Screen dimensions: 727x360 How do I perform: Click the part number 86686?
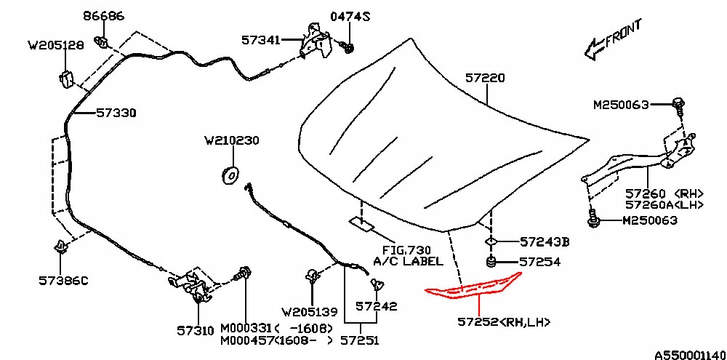coord(104,16)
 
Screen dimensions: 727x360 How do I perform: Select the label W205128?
coord(56,46)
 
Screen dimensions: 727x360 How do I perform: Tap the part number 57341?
coord(261,40)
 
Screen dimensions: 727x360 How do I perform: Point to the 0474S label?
coord(350,17)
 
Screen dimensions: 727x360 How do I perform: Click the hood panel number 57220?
coord(486,79)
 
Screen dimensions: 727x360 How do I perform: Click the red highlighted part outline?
coord(474,287)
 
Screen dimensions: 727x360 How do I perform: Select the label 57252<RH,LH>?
coord(504,321)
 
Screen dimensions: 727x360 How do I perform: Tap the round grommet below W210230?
coord(230,175)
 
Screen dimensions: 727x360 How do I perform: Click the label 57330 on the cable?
coord(116,113)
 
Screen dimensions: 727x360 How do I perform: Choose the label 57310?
coord(195,330)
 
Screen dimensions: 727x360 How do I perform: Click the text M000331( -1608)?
coord(276,329)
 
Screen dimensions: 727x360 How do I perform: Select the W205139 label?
coord(310,312)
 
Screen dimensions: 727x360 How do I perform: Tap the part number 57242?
coord(377,306)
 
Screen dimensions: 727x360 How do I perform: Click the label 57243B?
coord(544,241)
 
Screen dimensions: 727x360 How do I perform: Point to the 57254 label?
coord(539,262)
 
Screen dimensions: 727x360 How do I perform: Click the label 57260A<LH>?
coord(664,204)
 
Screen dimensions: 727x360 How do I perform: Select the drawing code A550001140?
coord(691,355)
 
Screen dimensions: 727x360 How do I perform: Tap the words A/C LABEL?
coord(408,261)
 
